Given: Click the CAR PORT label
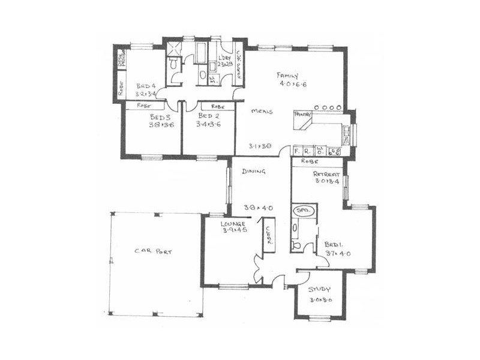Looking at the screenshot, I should click(154, 252).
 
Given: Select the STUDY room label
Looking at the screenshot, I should click(320, 289).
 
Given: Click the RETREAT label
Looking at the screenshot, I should click(326, 175).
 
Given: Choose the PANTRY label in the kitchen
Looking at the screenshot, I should click(301, 113).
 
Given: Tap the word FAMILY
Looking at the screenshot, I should click(288, 76).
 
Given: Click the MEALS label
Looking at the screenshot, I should click(263, 112).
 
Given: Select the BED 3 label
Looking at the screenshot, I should click(161, 117).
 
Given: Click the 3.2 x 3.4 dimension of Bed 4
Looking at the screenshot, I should click(146, 94).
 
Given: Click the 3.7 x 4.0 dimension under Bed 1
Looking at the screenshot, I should click(338, 253).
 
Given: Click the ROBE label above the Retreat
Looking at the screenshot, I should click(310, 162).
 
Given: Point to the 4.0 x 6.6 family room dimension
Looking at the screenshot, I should click(293, 85).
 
